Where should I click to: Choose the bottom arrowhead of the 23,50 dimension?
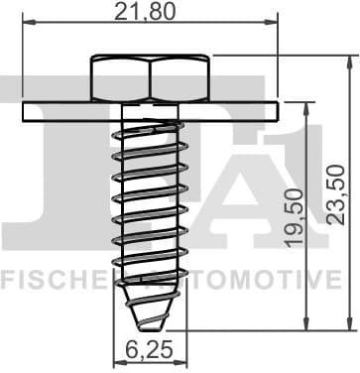pyautogui.click(x=348, y=326)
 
